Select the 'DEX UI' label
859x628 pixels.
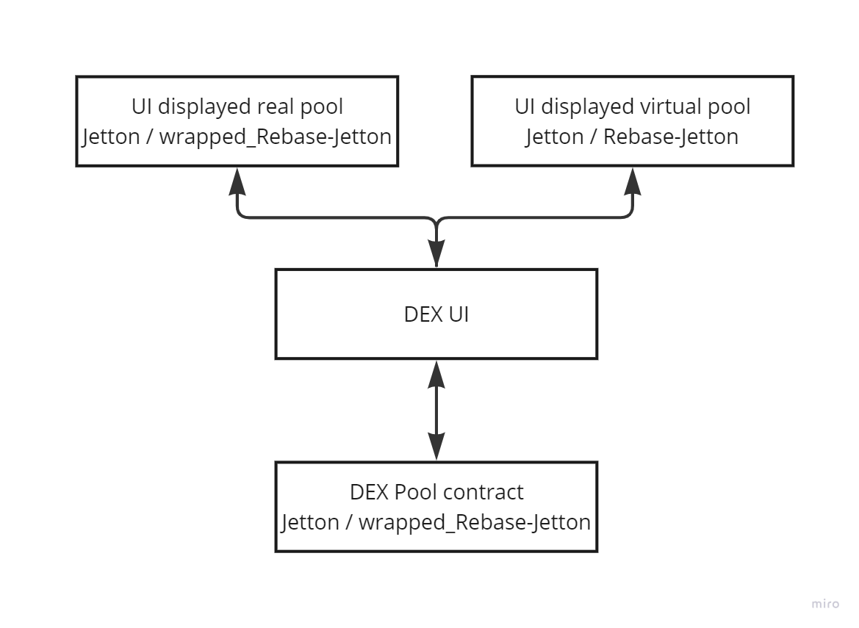click(436, 314)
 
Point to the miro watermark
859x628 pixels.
click(825, 603)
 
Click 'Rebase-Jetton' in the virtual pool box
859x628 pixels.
click(671, 137)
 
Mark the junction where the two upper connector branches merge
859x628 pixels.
click(436, 220)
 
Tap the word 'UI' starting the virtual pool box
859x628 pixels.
click(524, 107)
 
